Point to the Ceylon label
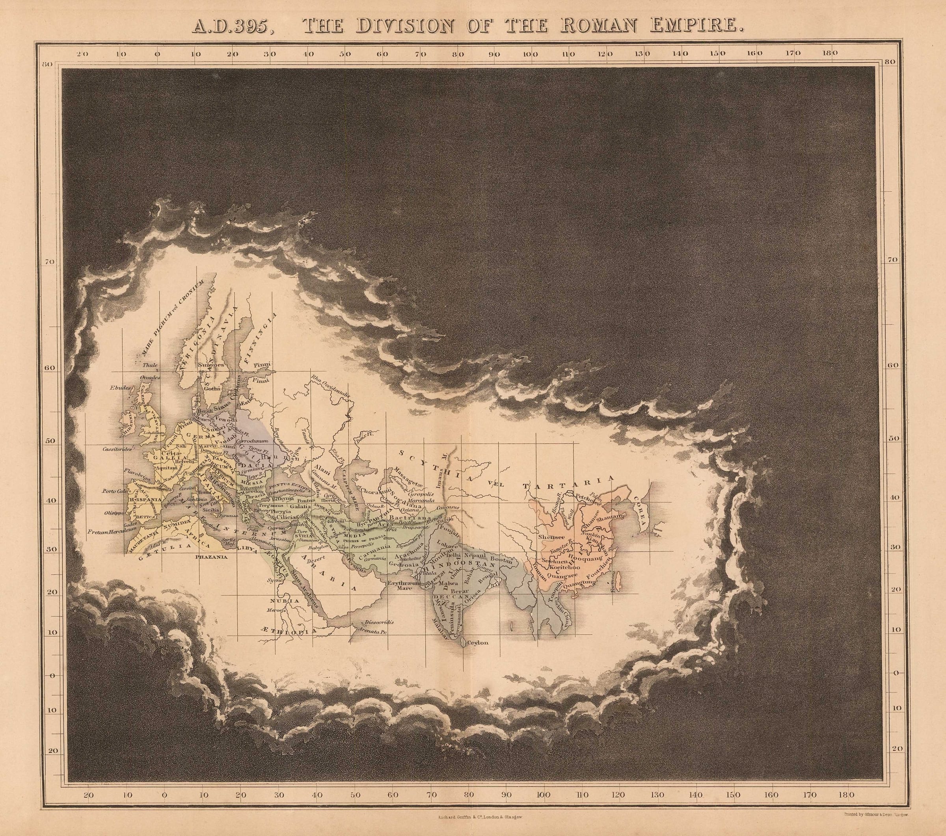click(478, 642)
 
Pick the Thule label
click(150, 365)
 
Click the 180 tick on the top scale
click(830, 53)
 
